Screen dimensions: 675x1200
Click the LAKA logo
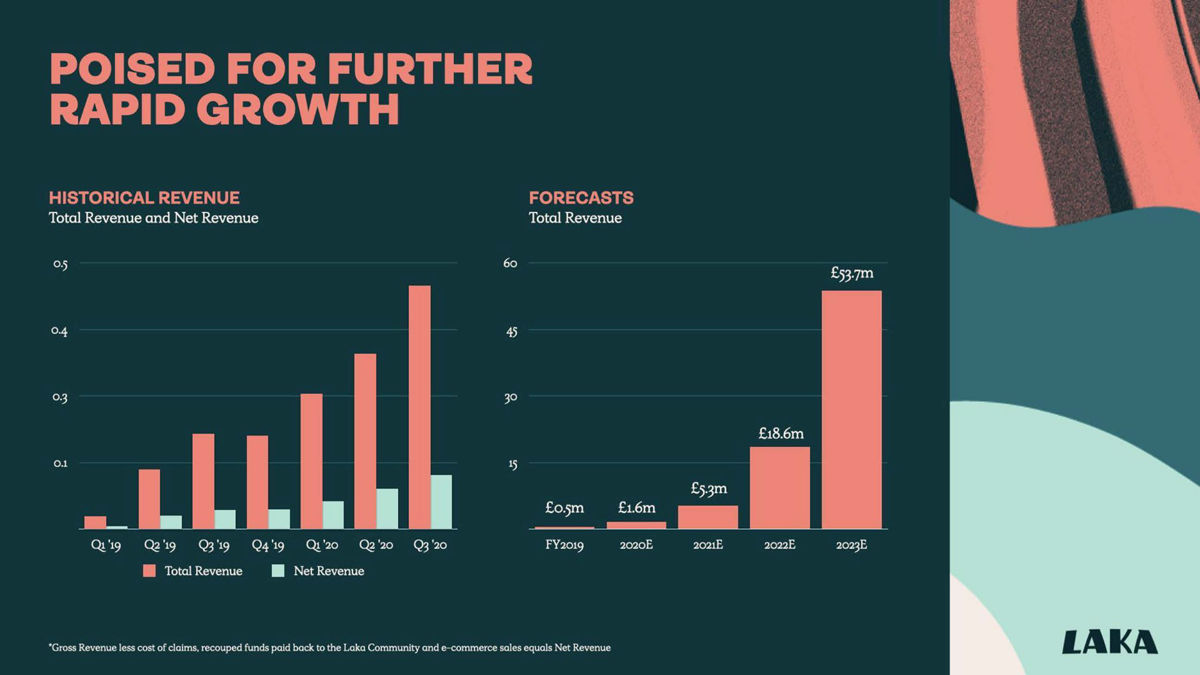pos(1109,642)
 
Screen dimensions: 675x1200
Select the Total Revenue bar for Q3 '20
pos(419,407)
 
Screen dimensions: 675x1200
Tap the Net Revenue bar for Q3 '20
pos(441,502)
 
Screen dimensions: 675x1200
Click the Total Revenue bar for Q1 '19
pos(95,522)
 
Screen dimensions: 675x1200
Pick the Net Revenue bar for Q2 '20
pos(387,509)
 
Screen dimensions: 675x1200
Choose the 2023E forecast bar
pos(851,409)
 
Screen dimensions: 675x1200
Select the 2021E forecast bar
pos(707,517)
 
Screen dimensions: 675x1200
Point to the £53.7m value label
pos(851,273)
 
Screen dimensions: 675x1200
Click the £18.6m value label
pos(781,433)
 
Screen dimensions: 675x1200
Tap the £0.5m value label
pos(564,507)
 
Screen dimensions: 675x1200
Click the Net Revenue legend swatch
pos(278,571)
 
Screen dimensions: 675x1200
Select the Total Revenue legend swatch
pos(149,571)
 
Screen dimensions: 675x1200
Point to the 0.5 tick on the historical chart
pos(60,264)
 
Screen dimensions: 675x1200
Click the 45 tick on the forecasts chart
pos(511,331)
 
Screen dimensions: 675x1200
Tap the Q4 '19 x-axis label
pos(267,545)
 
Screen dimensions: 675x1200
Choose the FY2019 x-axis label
pos(564,545)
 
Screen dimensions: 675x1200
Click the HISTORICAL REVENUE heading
pos(144,197)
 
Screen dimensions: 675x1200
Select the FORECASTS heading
pos(581,197)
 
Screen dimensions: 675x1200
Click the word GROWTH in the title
pos(298,109)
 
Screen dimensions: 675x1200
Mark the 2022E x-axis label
pos(779,545)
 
